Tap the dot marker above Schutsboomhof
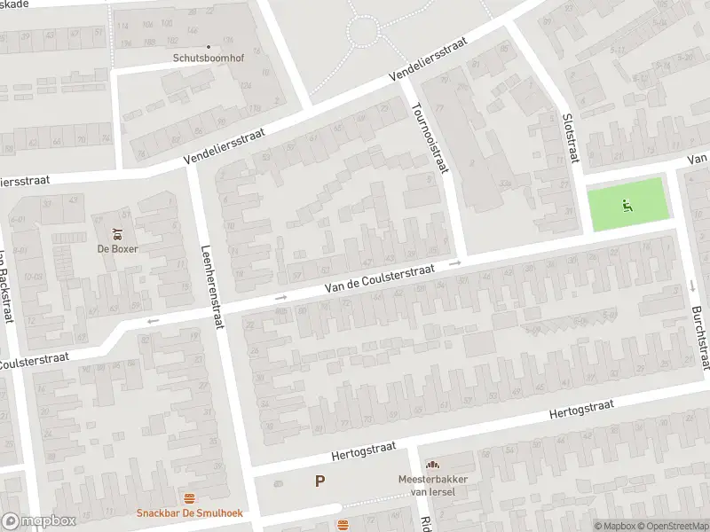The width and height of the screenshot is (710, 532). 209,47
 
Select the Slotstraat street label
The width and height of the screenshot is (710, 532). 571,137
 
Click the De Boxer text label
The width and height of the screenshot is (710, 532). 117,248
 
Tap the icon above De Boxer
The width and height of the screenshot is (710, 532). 117,235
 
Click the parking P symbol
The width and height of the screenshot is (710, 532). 319,481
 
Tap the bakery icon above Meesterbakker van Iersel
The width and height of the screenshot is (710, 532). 432,465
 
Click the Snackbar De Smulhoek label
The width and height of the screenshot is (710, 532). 189,513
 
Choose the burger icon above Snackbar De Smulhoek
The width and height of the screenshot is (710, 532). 189,498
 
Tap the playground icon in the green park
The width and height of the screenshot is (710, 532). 627,205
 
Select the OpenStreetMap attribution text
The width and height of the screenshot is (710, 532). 673,526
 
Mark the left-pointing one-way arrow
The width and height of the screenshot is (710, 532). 153,321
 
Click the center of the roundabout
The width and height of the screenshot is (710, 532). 363,33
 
